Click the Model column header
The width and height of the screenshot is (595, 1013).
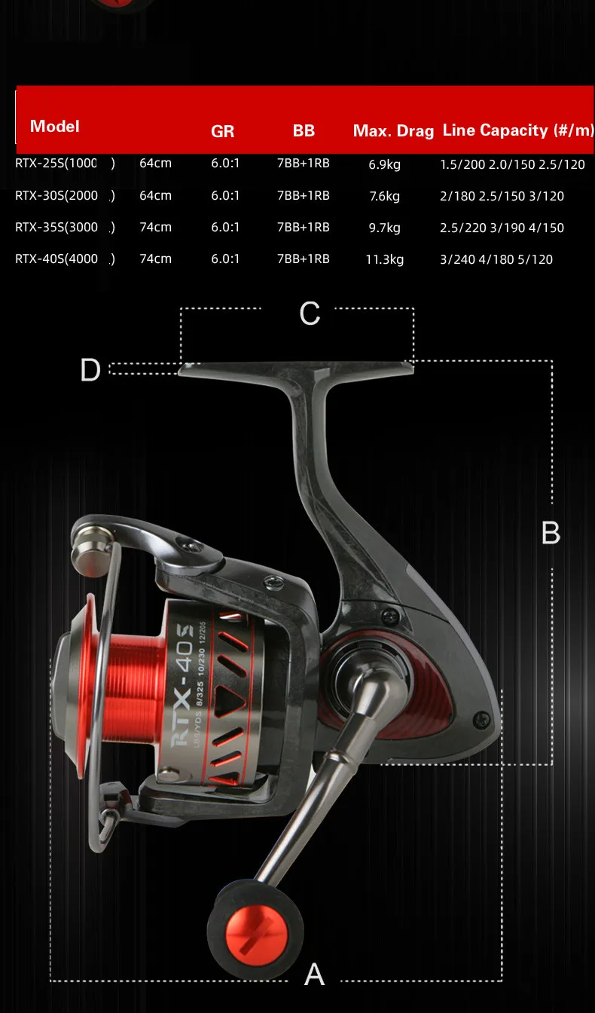[55, 126]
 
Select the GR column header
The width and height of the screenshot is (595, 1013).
[222, 131]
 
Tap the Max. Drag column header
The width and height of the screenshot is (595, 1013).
[393, 131]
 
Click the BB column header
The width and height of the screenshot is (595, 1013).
[304, 131]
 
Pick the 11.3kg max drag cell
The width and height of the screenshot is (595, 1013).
[384, 259]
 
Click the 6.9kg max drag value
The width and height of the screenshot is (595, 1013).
[384, 164]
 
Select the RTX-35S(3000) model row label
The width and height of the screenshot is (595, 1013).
[65, 228]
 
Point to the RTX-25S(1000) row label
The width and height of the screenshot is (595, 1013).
[65, 164]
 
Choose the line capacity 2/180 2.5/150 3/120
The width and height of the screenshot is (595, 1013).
[502, 196]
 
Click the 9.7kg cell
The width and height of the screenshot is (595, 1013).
[384, 228]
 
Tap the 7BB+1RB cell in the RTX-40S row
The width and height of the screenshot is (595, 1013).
[303, 259]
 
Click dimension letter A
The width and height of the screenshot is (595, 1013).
[314, 975]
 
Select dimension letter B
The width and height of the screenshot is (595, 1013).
[551, 534]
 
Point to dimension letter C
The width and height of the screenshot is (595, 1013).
[310, 314]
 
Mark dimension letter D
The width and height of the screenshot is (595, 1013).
[90, 370]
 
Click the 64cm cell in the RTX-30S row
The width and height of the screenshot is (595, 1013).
[155, 196]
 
